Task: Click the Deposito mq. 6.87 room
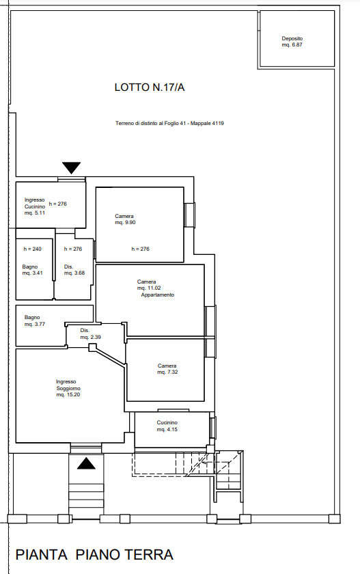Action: tap(296, 39)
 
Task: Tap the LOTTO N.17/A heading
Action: tap(150, 87)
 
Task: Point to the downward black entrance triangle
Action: tap(71, 168)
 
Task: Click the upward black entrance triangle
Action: tap(86, 463)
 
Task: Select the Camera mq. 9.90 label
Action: tap(125, 219)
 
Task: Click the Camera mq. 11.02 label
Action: tap(149, 285)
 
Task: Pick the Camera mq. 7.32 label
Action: tap(167, 369)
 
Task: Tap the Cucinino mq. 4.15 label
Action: tap(167, 426)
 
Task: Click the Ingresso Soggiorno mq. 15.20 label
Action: tap(68, 388)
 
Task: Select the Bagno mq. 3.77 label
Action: tap(35, 320)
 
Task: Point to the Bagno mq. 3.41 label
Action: tap(33, 270)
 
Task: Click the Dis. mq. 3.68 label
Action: tap(74, 270)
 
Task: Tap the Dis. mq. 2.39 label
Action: tap(90, 334)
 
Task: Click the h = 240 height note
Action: tap(33, 249)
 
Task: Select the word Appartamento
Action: tap(158, 295)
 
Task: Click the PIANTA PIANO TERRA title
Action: tap(94, 555)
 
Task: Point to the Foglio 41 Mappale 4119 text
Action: tap(169, 124)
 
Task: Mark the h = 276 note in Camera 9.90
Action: tap(141, 249)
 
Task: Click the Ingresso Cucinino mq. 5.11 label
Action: tap(35, 206)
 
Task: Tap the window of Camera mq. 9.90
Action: tap(189, 215)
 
